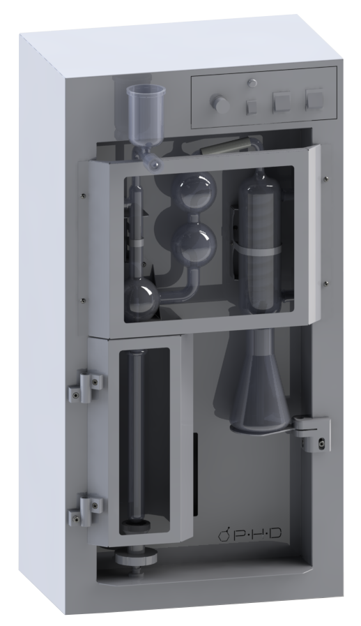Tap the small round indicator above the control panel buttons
[252, 82]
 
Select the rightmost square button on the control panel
[314, 100]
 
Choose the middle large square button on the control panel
[282, 102]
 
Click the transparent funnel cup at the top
[144, 115]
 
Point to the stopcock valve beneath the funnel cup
[148, 158]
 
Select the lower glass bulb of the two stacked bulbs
[194, 240]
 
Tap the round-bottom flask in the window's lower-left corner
[141, 298]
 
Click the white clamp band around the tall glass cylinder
[259, 251]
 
